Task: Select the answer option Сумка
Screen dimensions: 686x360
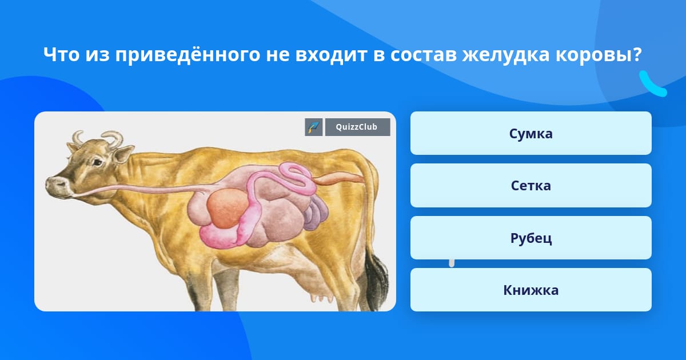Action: coord(531,133)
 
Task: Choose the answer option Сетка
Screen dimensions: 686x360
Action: coord(531,186)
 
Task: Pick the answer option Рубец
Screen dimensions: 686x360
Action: coord(531,238)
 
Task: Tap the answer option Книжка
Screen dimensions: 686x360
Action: coord(531,290)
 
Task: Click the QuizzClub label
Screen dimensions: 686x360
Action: coord(357,127)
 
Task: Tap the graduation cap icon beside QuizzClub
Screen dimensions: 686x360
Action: coord(314,127)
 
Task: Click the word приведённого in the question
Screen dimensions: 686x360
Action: coord(188,55)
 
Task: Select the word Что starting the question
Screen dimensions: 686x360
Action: coord(61,54)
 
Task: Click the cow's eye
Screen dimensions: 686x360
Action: coord(97,162)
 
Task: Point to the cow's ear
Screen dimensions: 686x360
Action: coord(123,155)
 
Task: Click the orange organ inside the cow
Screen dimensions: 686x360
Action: coord(228,208)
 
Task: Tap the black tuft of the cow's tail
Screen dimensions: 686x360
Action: coord(377,279)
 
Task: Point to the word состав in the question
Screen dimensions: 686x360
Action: coord(424,55)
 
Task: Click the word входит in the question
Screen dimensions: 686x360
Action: coord(331,55)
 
